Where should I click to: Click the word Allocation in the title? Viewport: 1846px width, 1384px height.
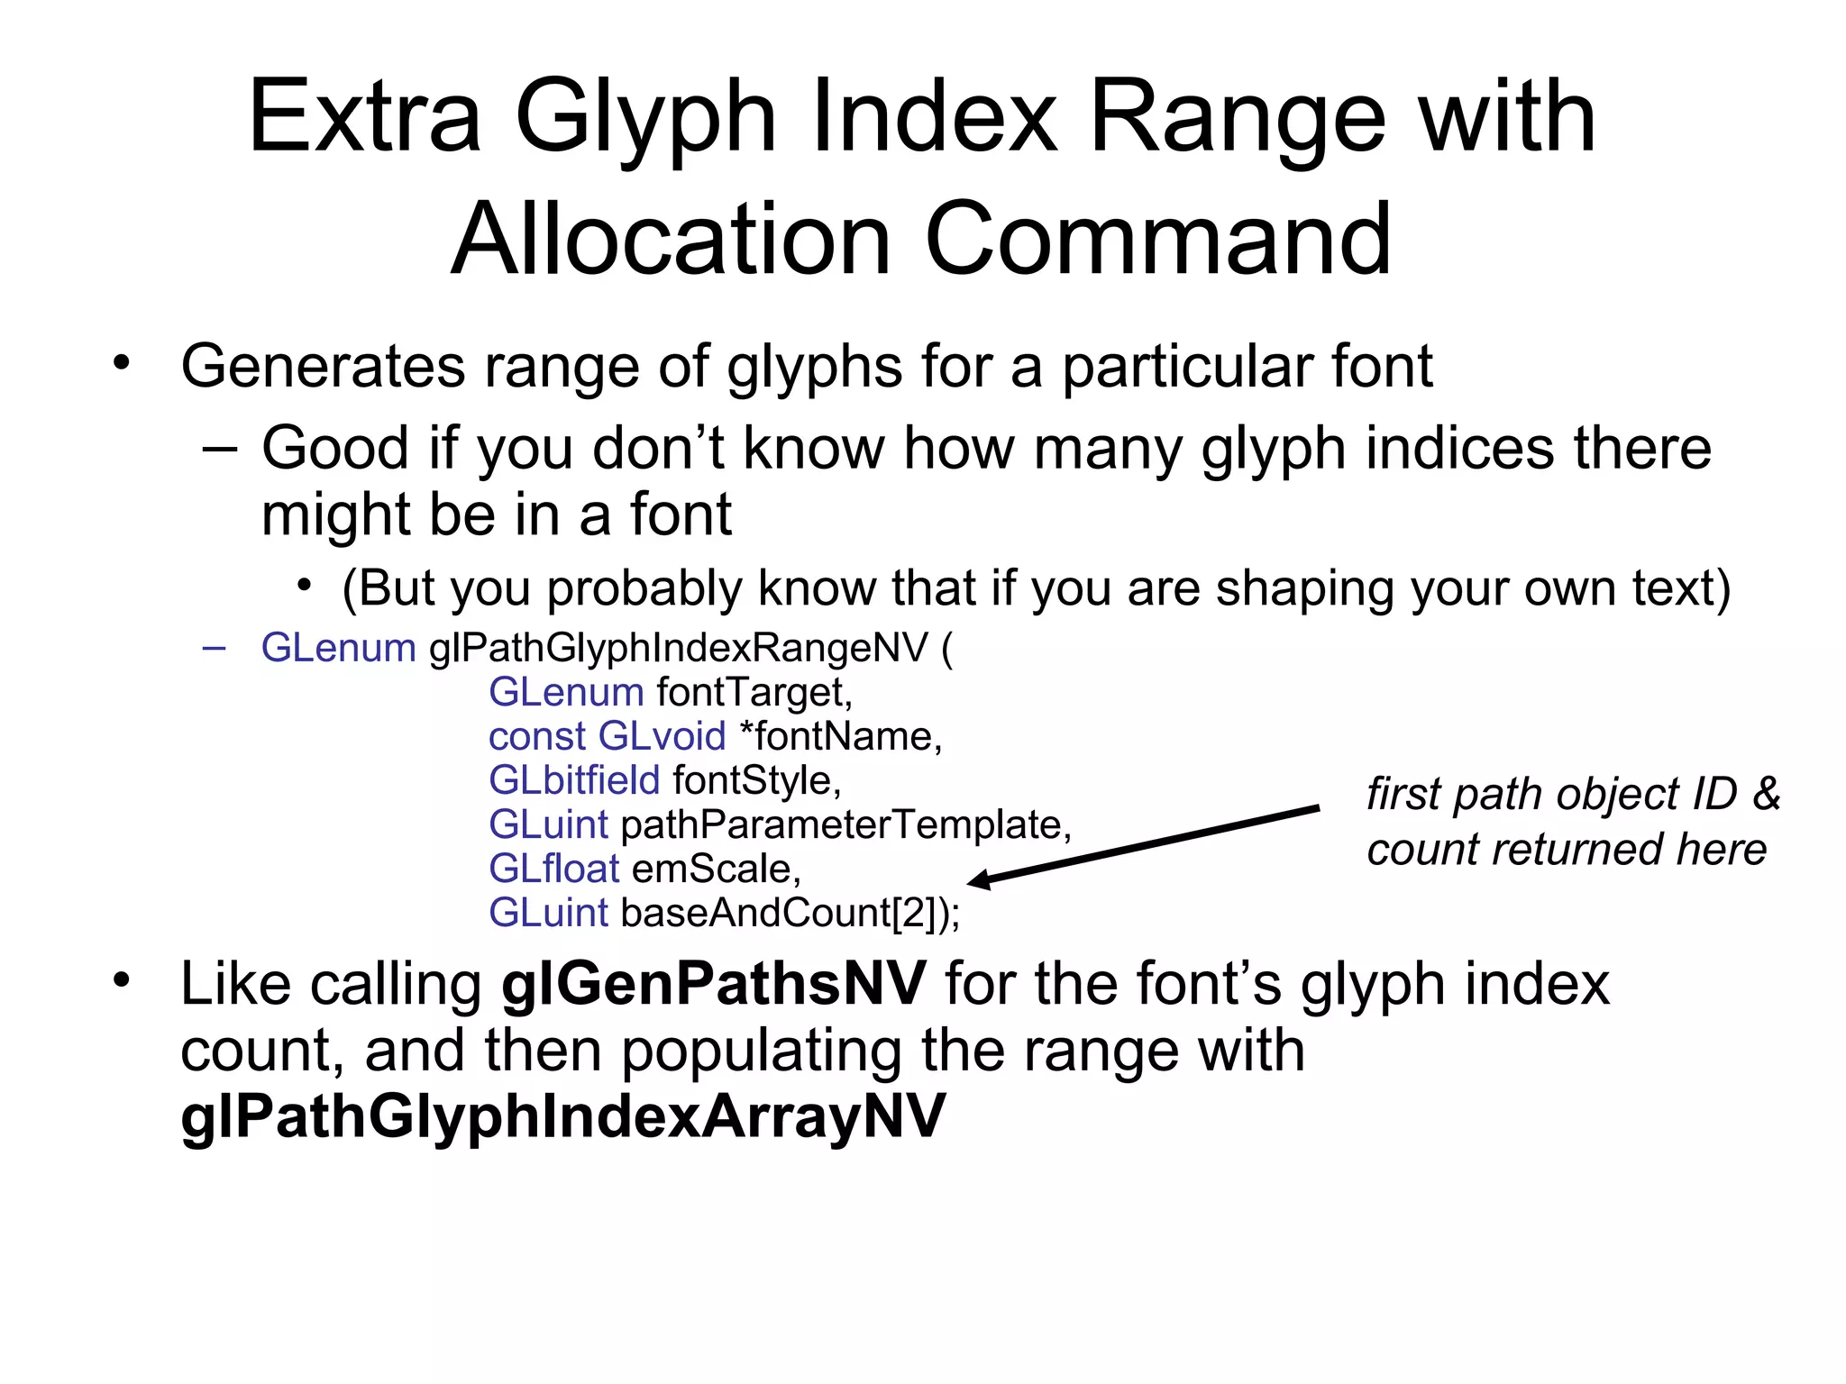(672, 240)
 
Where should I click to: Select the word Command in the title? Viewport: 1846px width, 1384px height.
(1158, 240)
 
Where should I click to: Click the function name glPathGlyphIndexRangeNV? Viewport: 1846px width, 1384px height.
(679, 648)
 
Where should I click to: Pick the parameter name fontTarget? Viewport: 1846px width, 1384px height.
(754, 692)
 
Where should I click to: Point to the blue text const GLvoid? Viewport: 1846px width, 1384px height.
(607, 736)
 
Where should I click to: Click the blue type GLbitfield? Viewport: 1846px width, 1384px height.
(574, 780)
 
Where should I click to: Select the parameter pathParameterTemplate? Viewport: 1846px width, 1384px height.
(845, 824)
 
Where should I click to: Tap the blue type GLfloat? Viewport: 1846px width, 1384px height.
(553, 869)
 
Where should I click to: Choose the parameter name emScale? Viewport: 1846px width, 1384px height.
(716, 869)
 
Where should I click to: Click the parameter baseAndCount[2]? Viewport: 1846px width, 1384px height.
(783, 913)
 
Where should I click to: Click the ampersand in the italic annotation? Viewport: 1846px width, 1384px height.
(1766, 795)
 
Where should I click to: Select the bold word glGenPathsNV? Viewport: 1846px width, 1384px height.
(713, 984)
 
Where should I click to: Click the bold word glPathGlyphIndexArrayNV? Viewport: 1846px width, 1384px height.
(562, 1116)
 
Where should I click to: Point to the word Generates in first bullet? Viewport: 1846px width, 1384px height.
(323, 367)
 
